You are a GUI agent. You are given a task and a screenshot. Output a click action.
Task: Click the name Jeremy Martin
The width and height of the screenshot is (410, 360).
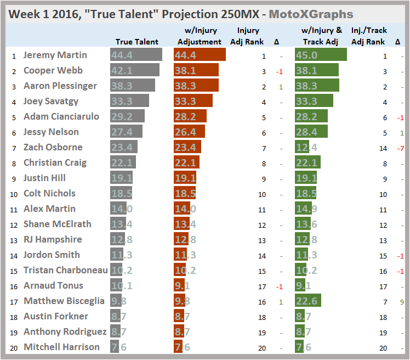tap(55, 55)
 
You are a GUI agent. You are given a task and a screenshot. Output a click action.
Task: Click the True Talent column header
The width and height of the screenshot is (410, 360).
tap(137, 42)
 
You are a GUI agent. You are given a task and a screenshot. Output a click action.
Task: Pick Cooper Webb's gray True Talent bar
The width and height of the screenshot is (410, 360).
tap(135, 70)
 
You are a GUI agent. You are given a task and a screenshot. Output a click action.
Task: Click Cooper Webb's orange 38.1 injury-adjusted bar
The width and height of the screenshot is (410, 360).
tap(196, 70)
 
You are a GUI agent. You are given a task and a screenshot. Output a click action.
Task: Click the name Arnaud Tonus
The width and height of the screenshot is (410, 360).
tap(53, 285)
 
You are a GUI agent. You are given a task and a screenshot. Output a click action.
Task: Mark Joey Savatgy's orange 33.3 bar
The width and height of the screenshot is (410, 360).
tap(193, 101)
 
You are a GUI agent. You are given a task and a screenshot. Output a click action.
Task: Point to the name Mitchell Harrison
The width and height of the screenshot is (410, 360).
tap(61, 347)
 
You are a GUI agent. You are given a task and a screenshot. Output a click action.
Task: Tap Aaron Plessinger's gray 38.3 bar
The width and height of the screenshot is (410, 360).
tap(133, 86)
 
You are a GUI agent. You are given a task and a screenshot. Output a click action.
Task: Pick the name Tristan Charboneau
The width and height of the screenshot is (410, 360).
tap(65, 270)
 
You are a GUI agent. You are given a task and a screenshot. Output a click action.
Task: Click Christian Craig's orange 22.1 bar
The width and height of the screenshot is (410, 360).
tap(186, 162)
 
